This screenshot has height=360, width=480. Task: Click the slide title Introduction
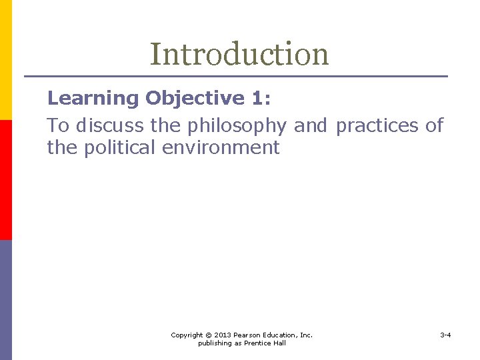[239, 55]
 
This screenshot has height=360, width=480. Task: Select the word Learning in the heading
[93, 99]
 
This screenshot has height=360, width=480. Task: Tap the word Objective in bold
[195, 99]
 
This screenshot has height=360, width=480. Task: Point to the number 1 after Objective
[257, 99]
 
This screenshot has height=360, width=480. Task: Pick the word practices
[379, 126]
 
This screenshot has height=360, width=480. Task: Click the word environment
[221, 147]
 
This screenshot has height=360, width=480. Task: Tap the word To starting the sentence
[58, 126]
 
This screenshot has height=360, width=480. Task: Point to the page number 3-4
[445, 335]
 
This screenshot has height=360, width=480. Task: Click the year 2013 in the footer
[223, 335]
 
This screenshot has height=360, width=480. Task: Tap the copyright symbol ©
[209, 335]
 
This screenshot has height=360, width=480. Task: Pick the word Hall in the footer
[279, 343]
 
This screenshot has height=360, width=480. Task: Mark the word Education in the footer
[281, 335]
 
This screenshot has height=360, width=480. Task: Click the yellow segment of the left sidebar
[5, 60]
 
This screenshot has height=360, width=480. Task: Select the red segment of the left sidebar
[5, 180]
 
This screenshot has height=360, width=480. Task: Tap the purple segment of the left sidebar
[5, 300]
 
